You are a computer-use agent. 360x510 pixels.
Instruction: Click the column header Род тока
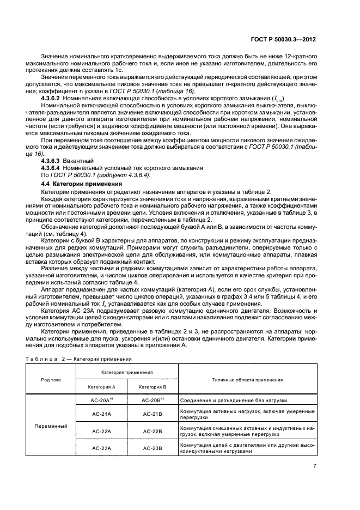[x=51, y=379]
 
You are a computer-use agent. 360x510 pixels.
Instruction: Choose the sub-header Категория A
[x=101, y=386]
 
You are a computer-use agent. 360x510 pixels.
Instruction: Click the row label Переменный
[x=51, y=425]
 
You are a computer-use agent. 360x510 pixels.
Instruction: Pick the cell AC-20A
[x=101, y=400]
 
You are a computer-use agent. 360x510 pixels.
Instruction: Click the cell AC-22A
[x=101, y=431]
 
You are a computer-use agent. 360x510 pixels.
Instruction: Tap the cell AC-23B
[x=153, y=448]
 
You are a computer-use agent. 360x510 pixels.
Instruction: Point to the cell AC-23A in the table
[x=101, y=448]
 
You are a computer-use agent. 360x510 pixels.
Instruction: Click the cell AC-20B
[x=153, y=400]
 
